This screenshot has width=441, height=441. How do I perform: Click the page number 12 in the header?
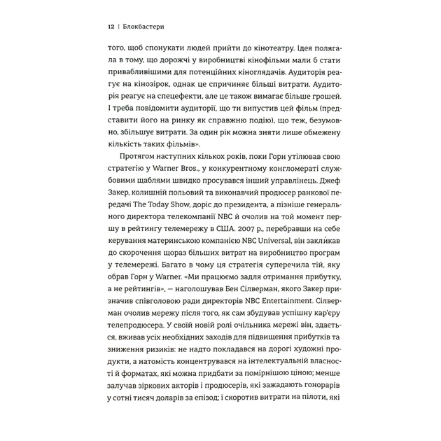click(111, 27)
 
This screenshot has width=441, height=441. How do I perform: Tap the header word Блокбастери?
click(144, 27)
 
